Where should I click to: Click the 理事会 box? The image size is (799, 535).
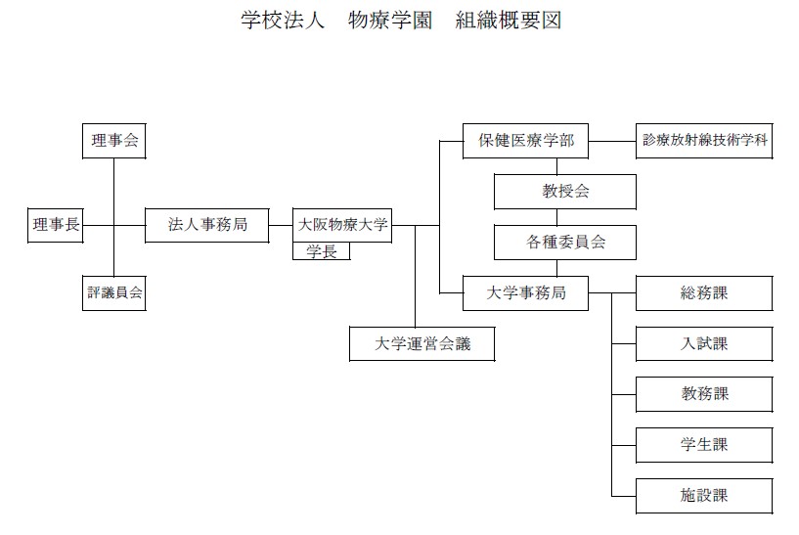click(x=114, y=141)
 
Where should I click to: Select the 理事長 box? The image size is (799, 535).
click(x=55, y=225)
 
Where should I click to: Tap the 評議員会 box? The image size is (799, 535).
click(x=114, y=292)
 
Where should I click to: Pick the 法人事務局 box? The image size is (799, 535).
click(x=207, y=225)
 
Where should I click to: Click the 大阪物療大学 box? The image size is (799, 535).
click(x=342, y=225)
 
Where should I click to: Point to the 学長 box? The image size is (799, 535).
click(x=321, y=251)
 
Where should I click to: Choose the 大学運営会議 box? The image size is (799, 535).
click(x=422, y=343)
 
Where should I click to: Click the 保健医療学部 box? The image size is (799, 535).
click(x=526, y=141)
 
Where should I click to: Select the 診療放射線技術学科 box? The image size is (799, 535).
click(x=704, y=141)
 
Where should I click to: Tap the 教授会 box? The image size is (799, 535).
click(x=565, y=192)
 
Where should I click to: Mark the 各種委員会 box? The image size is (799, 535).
click(x=565, y=243)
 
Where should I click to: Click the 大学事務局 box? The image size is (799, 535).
click(x=526, y=292)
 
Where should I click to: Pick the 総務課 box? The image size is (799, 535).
click(x=704, y=292)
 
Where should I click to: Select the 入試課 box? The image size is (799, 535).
click(x=704, y=343)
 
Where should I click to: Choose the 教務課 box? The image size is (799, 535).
click(x=704, y=394)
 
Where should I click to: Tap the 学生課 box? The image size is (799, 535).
click(x=704, y=444)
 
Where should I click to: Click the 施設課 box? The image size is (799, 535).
click(x=704, y=495)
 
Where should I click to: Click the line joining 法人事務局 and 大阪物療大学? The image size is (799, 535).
click(x=281, y=225)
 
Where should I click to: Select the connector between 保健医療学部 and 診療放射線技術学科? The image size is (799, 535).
click(x=612, y=141)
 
